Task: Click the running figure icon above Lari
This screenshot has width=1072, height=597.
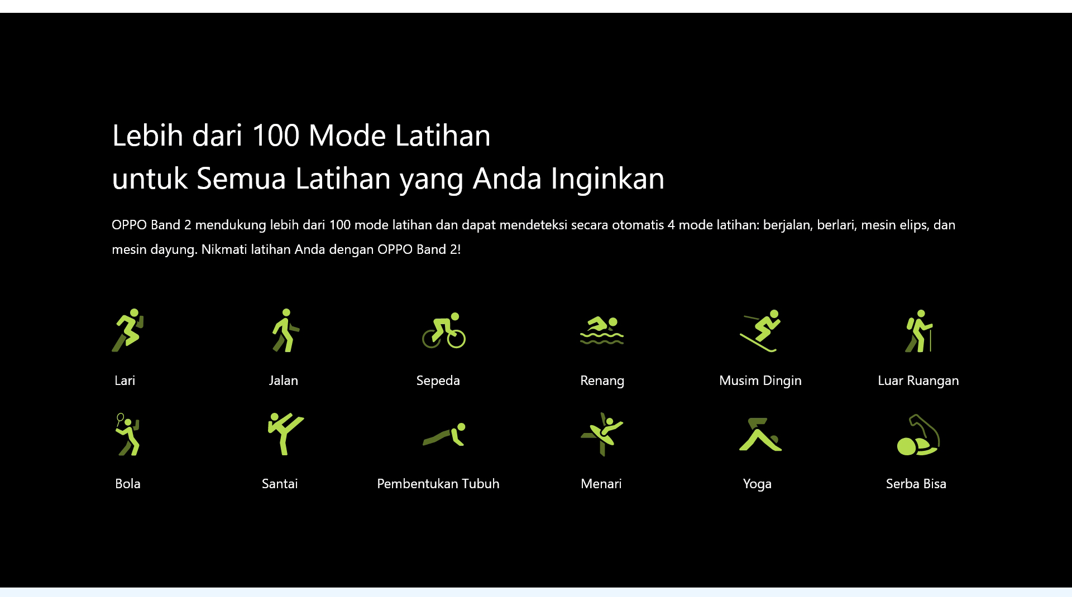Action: (x=128, y=330)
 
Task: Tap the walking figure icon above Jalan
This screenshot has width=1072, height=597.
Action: (x=285, y=330)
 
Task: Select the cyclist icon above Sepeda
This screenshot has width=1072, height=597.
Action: (x=444, y=330)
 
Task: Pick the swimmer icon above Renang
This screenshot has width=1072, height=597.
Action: (x=602, y=330)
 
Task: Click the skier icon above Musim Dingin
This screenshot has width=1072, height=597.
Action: (x=760, y=330)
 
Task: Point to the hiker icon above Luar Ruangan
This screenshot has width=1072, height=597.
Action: (x=918, y=330)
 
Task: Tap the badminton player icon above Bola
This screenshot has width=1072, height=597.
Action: (x=128, y=434)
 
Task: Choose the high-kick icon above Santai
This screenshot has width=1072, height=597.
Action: (x=285, y=434)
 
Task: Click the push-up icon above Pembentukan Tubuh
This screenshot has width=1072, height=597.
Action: (x=444, y=435)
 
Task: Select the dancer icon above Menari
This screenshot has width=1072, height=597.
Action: (x=602, y=434)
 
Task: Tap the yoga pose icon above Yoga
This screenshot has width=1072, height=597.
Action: (x=760, y=434)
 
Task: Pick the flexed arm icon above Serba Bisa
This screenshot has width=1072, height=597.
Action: (x=918, y=434)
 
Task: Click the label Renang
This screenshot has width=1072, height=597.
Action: (x=602, y=381)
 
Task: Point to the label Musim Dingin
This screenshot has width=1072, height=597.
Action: (x=760, y=381)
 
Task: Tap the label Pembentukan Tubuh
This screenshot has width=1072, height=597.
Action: (x=438, y=484)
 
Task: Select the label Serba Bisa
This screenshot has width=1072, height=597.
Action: (x=916, y=484)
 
